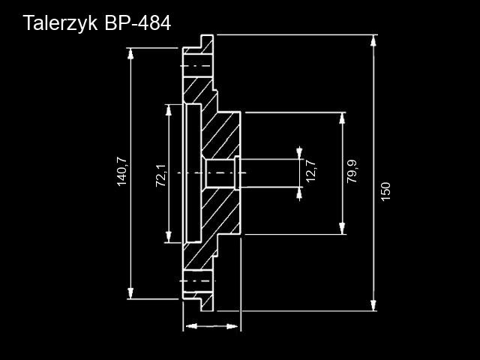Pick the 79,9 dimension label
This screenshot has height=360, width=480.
(x=352, y=172)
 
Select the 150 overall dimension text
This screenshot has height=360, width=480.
(x=386, y=191)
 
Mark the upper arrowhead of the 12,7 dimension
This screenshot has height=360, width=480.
(x=300, y=152)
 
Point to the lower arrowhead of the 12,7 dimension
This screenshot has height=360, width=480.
(x=300, y=193)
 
